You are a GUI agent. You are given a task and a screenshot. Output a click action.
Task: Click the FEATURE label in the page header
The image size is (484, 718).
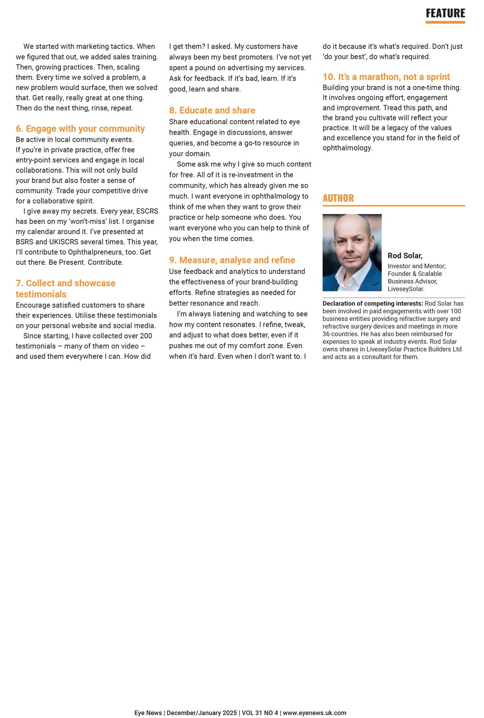pyautogui.click(x=445, y=14)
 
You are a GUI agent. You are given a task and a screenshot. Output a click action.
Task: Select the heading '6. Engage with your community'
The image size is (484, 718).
pyautogui.click(x=80, y=129)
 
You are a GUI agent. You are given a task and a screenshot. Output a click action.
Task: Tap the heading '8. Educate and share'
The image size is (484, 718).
pyautogui.click(x=212, y=110)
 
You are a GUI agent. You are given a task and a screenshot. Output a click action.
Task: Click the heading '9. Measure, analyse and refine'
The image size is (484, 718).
pyautogui.click(x=232, y=260)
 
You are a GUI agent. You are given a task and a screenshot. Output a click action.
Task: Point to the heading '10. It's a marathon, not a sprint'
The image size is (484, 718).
pyautogui.click(x=386, y=77)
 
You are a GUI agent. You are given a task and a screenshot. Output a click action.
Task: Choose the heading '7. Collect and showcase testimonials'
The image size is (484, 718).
pyautogui.click(x=65, y=289)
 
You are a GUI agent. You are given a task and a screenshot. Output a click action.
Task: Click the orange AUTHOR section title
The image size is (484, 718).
pyautogui.click(x=338, y=198)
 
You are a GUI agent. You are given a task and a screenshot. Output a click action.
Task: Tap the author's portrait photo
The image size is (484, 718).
pyautogui.click(x=352, y=252)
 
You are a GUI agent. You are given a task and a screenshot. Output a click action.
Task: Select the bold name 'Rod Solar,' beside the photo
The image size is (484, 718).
pyautogui.click(x=405, y=256)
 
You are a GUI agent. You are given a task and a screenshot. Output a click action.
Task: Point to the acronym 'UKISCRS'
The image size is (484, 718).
pyautogui.click(x=67, y=242)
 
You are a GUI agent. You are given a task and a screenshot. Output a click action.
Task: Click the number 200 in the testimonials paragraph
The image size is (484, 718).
pyautogui.click(x=146, y=336)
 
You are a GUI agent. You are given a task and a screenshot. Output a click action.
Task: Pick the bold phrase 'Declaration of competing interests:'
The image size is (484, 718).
pyautogui.click(x=373, y=304)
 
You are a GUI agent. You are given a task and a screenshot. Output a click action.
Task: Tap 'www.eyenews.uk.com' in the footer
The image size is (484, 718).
pyautogui.click(x=315, y=713)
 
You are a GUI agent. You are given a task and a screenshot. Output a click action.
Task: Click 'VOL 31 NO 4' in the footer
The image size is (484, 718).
pyautogui.click(x=260, y=713)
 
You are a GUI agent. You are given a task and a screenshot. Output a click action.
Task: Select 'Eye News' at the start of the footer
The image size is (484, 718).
pyautogui.click(x=148, y=713)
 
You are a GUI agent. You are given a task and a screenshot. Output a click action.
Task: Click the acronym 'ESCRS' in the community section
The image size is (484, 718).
pyautogui.click(x=147, y=212)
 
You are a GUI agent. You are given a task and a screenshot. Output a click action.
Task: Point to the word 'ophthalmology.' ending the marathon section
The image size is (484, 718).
pyautogui.click(x=348, y=148)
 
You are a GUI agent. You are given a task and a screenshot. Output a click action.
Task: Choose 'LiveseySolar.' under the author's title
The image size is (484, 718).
pyautogui.click(x=406, y=289)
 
